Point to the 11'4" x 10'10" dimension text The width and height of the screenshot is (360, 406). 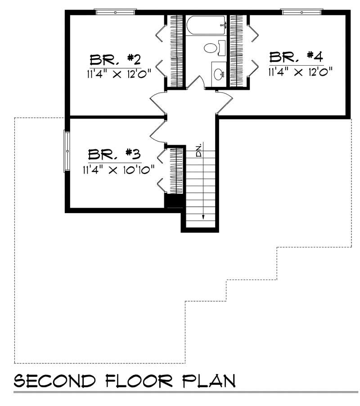pos(118,170)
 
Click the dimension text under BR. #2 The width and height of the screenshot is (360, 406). pos(118,74)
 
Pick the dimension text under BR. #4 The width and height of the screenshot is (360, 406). pos(300,71)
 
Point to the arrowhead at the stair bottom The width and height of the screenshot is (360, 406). pos(203,217)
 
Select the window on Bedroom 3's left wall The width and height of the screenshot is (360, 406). pos(67,151)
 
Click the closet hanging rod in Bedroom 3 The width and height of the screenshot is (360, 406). pos(175,170)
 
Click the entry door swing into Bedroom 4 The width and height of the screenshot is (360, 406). pos(225,103)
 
